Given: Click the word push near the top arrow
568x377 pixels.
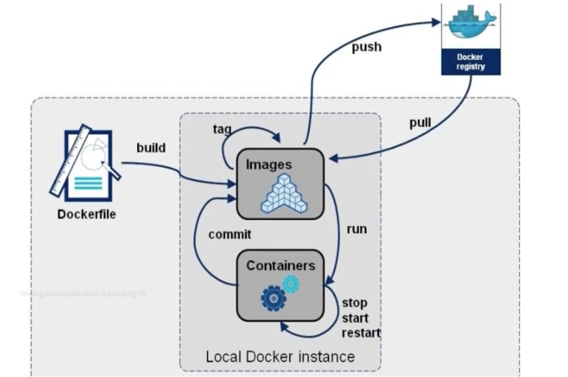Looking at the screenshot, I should click(x=366, y=47).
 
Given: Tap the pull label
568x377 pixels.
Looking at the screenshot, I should click(x=420, y=123).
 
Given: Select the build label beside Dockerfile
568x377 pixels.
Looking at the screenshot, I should click(x=151, y=148).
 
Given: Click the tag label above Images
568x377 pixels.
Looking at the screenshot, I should click(x=222, y=129).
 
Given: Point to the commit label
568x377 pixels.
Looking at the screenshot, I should click(x=230, y=234).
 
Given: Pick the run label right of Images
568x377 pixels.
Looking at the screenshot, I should click(x=357, y=229).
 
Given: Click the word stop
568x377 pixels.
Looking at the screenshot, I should click(x=354, y=303).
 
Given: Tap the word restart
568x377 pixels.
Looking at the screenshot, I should click(x=361, y=333).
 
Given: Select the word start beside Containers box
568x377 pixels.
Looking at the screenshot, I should click(x=355, y=318).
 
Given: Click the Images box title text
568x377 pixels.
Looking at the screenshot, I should click(x=269, y=164).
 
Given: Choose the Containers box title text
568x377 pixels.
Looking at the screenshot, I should click(x=281, y=265).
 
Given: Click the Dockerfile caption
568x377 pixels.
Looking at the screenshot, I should click(x=86, y=214).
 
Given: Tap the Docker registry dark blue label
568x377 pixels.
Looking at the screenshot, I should click(x=471, y=62).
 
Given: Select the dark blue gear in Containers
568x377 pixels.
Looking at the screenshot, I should click(x=274, y=298).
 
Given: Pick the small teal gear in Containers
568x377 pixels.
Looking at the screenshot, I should click(x=291, y=284).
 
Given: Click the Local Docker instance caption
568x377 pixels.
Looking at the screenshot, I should click(x=280, y=357).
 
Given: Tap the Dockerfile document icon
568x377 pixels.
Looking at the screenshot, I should click(x=86, y=164).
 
